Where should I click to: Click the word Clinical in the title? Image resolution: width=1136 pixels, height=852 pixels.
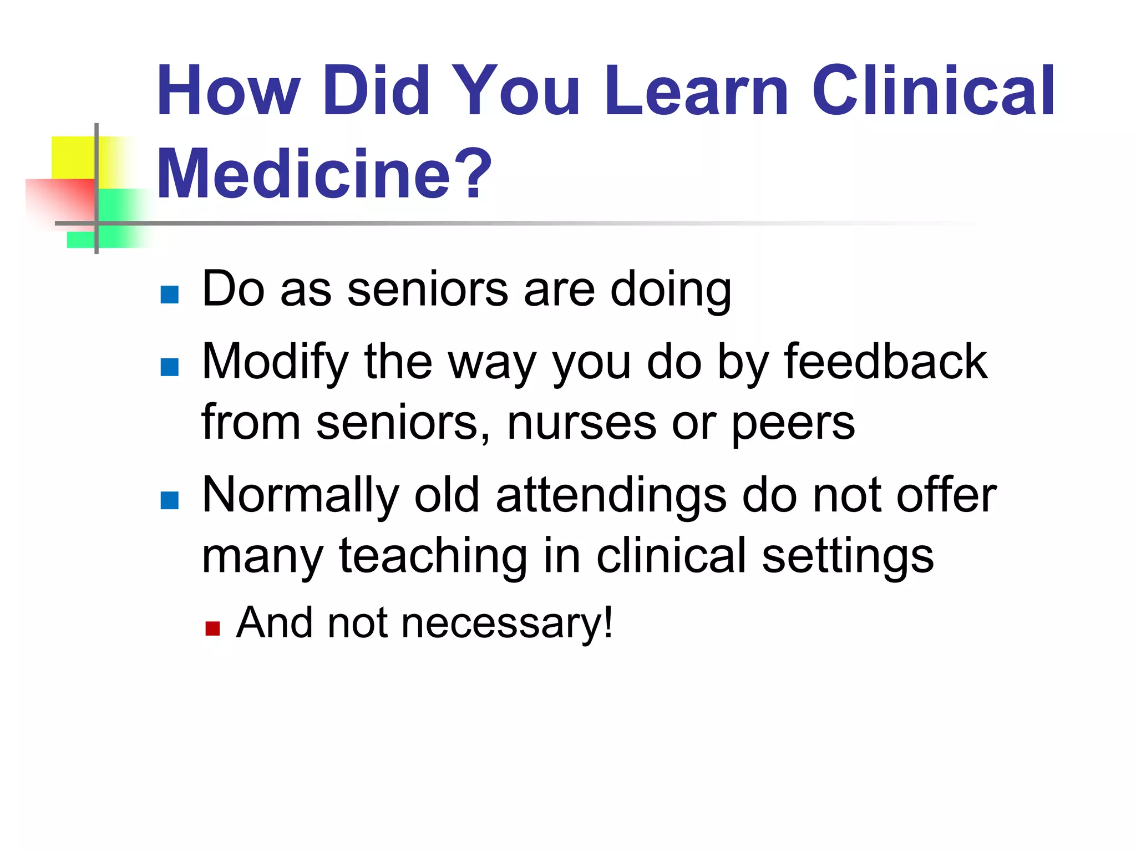pyautogui.click(x=934, y=90)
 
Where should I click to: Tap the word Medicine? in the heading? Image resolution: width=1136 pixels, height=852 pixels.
pyautogui.click(x=324, y=174)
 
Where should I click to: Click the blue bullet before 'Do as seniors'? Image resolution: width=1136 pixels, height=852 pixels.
pyautogui.click(x=169, y=295)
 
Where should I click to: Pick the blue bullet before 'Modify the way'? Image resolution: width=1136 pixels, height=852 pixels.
pyautogui.click(x=169, y=367)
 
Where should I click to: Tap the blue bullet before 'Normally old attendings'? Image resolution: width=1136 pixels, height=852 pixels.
pyautogui.click(x=169, y=500)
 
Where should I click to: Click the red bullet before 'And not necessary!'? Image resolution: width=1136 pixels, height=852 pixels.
pyautogui.click(x=212, y=628)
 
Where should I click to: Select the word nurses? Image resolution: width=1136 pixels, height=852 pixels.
pyautogui.click(x=581, y=423)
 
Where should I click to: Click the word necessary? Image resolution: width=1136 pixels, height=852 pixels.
pyautogui.click(x=507, y=623)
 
